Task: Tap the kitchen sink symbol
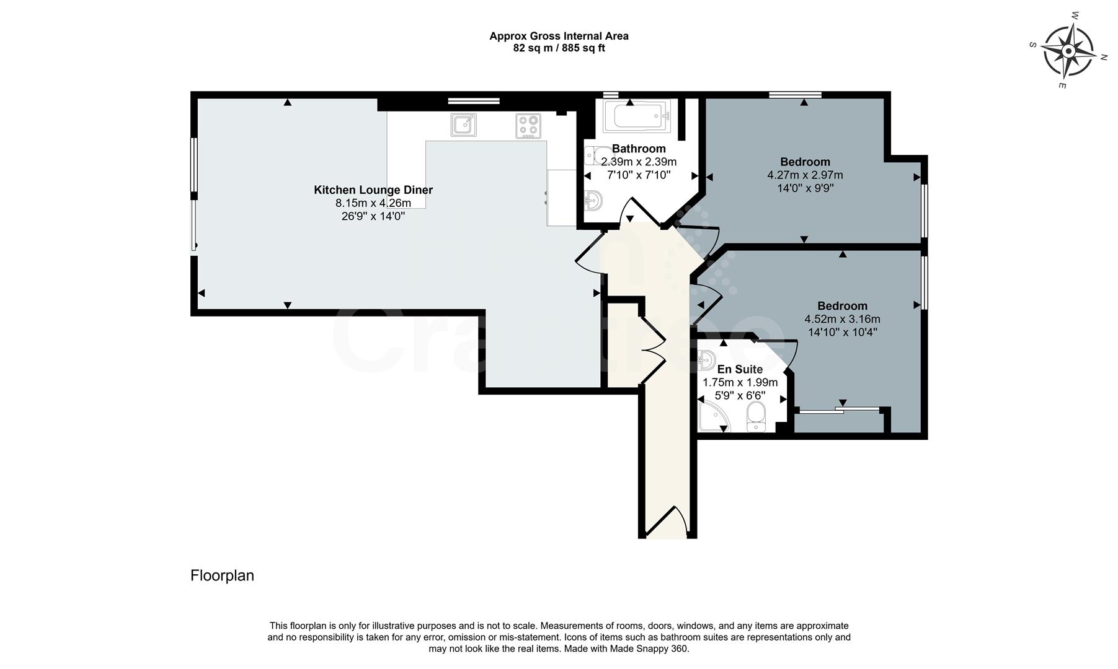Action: [x=463, y=125]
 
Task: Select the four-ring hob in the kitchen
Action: [x=528, y=126]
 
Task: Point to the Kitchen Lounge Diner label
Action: [x=373, y=190]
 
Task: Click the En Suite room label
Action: [x=740, y=369]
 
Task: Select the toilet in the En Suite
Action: [x=756, y=416]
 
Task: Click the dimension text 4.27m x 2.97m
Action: [x=805, y=175]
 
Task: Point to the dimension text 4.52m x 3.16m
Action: [x=842, y=320]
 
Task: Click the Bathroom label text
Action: [x=639, y=149]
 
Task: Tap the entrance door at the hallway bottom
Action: [x=666, y=521]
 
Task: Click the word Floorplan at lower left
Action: [x=222, y=575]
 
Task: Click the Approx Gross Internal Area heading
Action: [x=559, y=36]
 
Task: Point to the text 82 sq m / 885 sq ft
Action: [x=559, y=48]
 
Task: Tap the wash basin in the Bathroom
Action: [x=593, y=200]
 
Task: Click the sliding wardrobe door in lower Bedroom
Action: [x=838, y=409]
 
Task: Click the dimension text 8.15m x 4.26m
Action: [x=373, y=203]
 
